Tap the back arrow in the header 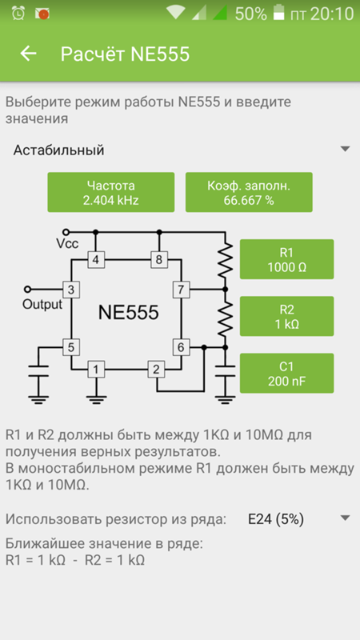coord(29,54)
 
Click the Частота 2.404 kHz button coord(111,192)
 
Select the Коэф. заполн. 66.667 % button coord(249,192)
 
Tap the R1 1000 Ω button coord(287,259)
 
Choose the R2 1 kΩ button coord(287,316)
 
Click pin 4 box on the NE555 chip coord(96,259)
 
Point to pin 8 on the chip coord(159,259)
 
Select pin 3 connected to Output coord(71,290)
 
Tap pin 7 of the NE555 coord(181,290)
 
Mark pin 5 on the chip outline coord(71,348)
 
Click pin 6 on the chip coord(181,348)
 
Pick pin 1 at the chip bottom coord(96,370)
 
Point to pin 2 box coord(156,370)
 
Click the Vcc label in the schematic coord(67,244)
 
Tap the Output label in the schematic coord(42,305)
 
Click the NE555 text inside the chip coord(128,313)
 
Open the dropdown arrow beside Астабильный coord(346,149)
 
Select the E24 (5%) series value coord(276,519)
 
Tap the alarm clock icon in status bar coord(18,14)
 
